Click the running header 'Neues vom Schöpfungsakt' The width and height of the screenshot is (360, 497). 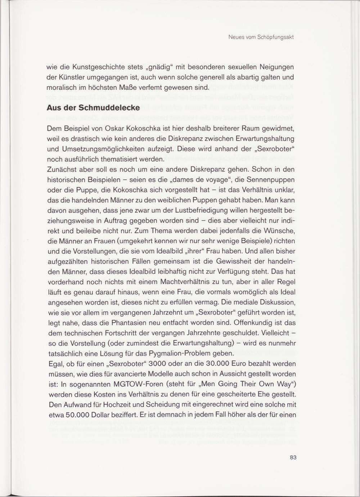261,37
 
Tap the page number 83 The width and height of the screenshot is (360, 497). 293,457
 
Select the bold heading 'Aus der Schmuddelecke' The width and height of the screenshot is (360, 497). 93,108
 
